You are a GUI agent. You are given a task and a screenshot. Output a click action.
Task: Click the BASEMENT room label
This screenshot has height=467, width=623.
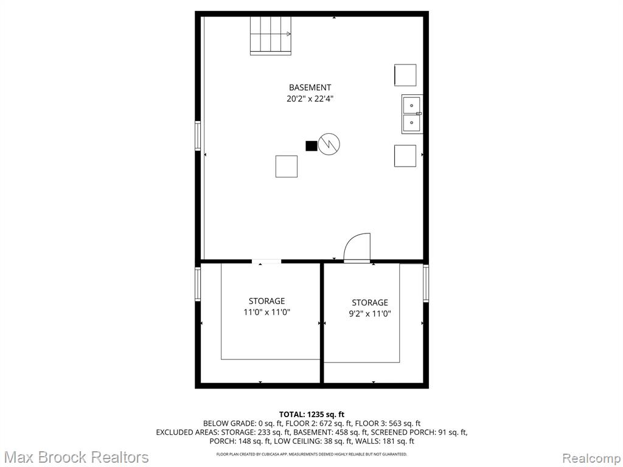(x=310, y=88)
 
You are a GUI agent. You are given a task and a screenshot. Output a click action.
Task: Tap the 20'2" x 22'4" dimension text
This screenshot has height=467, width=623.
(x=310, y=99)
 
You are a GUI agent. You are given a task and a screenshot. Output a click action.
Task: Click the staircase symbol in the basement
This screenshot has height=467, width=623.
(x=271, y=36)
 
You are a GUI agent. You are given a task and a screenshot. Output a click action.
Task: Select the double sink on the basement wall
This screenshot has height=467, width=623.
(x=412, y=114)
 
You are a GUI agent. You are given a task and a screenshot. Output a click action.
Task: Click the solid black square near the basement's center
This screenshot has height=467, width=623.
(x=311, y=146)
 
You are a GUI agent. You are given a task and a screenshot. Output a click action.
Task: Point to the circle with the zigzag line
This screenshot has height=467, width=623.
(x=329, y=144)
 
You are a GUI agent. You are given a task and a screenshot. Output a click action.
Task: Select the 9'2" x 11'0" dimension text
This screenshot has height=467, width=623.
(x=370, y=314)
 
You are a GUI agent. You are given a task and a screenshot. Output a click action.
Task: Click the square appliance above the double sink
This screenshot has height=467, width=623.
(x=405, y=75)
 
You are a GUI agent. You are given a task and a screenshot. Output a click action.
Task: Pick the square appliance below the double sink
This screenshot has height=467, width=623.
(x=405, y=156)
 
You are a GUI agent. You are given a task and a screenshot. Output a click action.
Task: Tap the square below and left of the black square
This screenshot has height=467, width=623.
(x=287, y=167)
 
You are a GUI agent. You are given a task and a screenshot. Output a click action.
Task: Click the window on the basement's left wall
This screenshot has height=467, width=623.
(x=198, y=136)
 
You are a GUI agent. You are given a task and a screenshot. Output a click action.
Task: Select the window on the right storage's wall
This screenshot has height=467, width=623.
(x=426, y=283)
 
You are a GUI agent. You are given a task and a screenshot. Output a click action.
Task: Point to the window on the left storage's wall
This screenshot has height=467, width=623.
(x=198, y=284)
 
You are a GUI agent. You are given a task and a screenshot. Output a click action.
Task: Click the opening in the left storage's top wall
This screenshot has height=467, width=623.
(x=266, y=261)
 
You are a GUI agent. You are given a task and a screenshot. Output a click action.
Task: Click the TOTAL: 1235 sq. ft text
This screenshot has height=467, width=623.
(x=312, y=415)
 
